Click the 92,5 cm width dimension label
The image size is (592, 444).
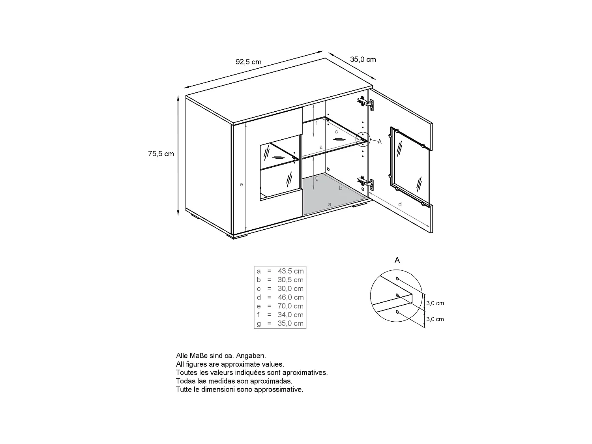coord(248,62)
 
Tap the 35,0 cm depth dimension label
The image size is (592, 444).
coord(363,60)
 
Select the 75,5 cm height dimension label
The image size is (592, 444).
coord(161,154)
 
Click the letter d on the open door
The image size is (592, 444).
coord(400,204)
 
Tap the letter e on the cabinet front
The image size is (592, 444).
coord(241,185)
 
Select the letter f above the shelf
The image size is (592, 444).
coord(316,124)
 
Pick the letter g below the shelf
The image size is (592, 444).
coord(317,178)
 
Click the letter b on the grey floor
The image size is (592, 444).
coord(341,188)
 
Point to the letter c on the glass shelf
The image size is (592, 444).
coord(336,131)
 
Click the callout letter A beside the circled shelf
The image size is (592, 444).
coord(380,141)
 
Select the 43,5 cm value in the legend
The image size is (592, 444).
coord(290,271)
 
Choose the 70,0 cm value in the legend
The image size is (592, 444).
coord(290,306)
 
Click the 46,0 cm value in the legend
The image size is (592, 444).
coord(290,297)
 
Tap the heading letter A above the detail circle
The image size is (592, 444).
coord(397,260)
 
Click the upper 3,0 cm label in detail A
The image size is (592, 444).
coord(435,303)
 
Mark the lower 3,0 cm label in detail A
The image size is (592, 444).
coord(435,319)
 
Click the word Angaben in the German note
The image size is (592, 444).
coord(253,356)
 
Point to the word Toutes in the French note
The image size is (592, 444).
coord(186,373)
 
